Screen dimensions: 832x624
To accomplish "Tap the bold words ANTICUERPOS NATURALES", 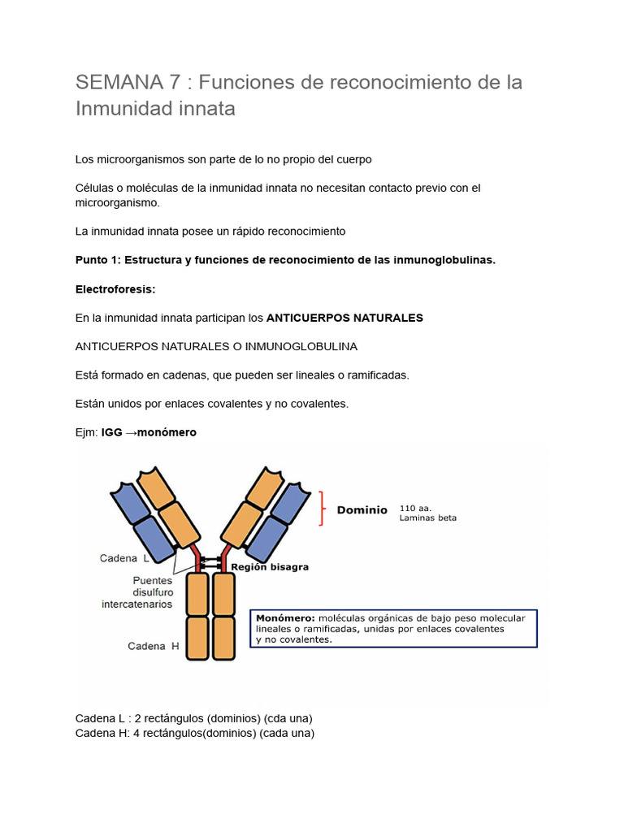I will [344, 318].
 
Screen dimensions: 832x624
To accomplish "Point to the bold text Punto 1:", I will [97, 260].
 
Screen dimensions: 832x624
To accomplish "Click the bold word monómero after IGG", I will [167, 432].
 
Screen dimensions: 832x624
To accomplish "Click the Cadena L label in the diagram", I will [124, 558].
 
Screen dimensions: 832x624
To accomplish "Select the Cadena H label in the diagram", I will [154, 646].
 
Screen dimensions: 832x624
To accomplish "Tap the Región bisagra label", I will [270, 567].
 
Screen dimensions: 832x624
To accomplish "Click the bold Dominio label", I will [362, 510].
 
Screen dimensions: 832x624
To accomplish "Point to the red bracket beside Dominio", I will [323, 509].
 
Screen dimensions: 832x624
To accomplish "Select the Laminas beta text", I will [427, 518].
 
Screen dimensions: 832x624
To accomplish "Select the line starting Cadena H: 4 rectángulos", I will [194, 733].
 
